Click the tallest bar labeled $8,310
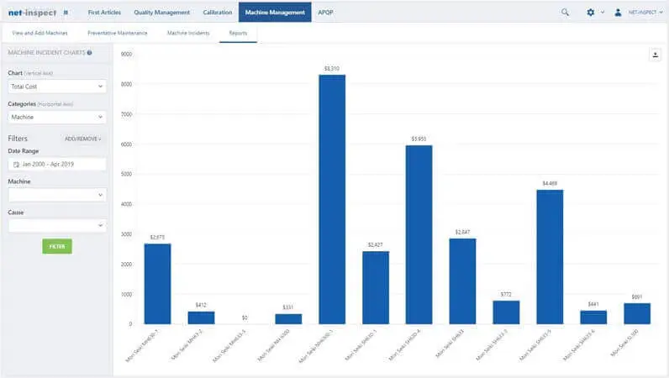click(x=331, y=199)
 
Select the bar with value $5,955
click(x=419, y=234)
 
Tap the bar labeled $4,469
click(x=550, y=256)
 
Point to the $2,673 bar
click(x=157, y=283)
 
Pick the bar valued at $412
click(x=201, y=318)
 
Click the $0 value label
click(x=245, y=318)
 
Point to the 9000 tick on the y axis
click(x=127, y=55)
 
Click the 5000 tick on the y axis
click(x=127, y=175)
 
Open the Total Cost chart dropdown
click(x=57, y=86)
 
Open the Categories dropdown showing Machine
click(x=57, y=117)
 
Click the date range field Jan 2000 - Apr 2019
click(x=57, y=164)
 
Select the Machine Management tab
click(x=275, y=13)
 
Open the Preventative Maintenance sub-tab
click(x=118, y=33)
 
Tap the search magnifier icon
click(x=565, y=13)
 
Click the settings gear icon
click(x=590, y=13)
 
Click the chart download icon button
click(x=655, y=55)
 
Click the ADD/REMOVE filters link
click(x=82, y=139)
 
